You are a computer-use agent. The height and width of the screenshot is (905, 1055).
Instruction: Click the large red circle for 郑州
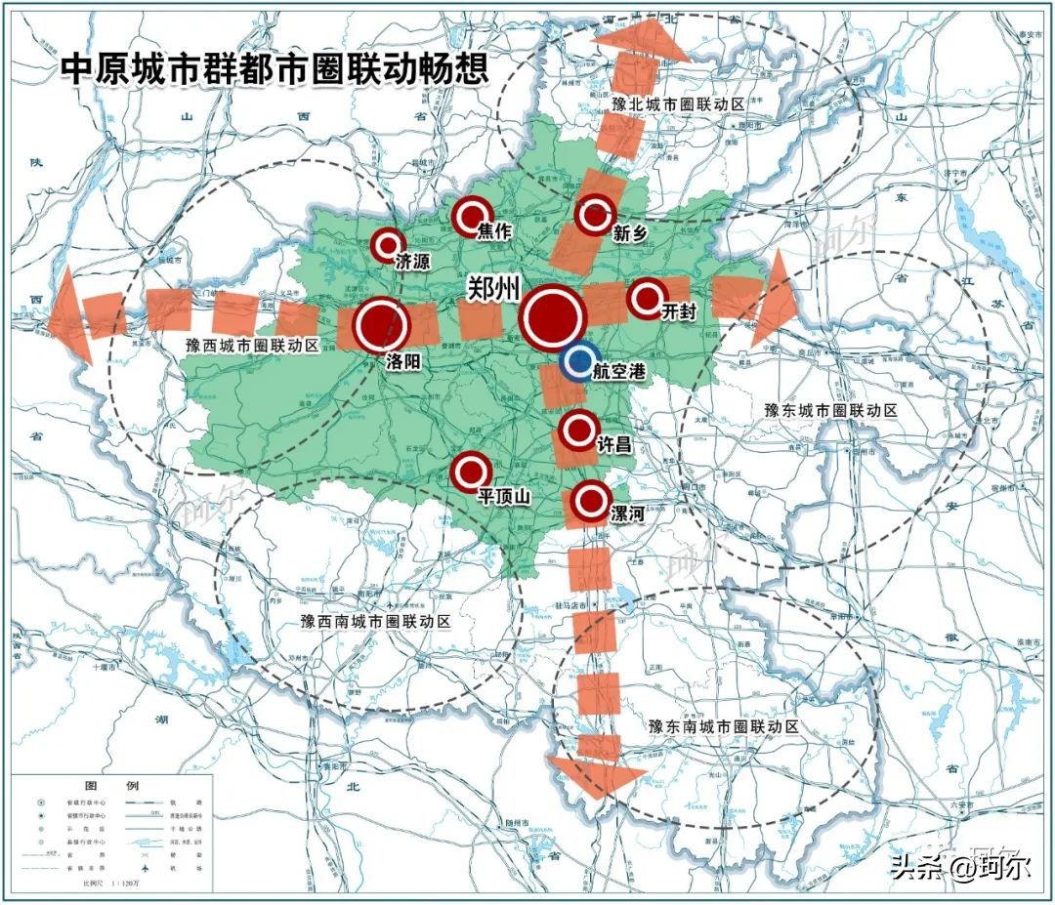(553, 317)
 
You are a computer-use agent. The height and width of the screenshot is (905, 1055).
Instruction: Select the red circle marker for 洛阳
(382, 325)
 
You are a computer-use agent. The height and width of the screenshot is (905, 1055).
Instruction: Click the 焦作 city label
(494, 232)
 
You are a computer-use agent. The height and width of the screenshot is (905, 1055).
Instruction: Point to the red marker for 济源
(389, 245)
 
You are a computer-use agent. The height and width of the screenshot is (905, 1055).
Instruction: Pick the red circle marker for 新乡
(595, 215)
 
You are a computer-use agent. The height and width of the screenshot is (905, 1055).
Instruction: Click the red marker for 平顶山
(471, 472)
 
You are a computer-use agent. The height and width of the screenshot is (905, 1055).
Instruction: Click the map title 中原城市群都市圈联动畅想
(274, 70)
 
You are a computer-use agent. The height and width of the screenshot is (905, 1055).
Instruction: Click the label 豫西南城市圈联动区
(376, 621)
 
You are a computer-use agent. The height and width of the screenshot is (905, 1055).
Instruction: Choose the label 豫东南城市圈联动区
(724, 727)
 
